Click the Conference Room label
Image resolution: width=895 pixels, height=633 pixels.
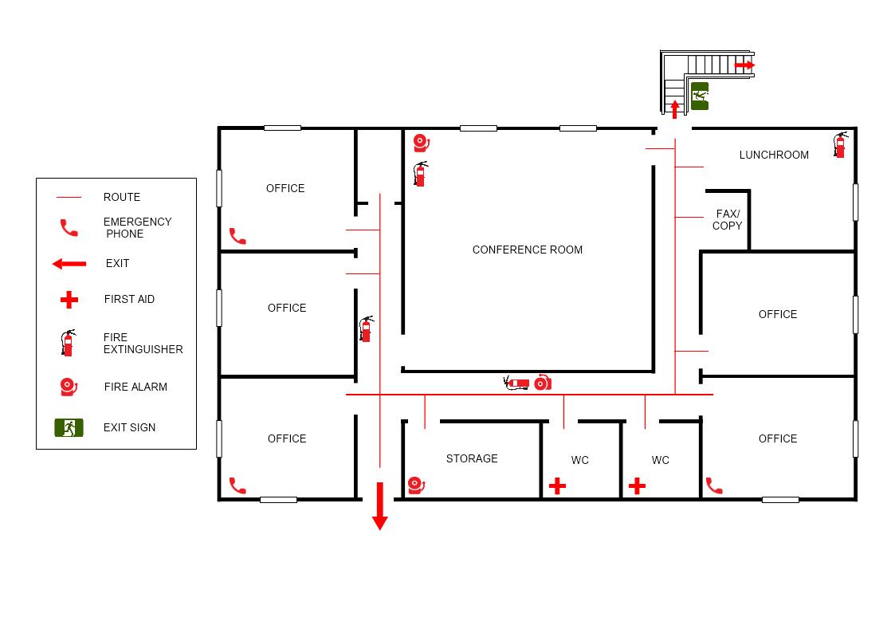tap(528, 250)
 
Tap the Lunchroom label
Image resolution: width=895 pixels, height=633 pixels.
tap(773, 155)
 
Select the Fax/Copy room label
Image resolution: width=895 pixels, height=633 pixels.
tap(727, 220)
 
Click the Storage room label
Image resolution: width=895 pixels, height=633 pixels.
tap(472, 459)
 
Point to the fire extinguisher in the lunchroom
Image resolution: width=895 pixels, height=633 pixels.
tap(840, 144)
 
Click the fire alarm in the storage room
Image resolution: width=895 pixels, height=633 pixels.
tap(417, 486)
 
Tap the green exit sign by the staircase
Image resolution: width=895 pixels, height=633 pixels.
tap(700, 96)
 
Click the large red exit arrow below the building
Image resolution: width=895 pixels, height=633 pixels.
tap(379, 506)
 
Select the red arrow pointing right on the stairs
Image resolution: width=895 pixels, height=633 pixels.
tap(744, 65)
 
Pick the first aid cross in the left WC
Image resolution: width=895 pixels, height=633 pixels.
tap(557, 486)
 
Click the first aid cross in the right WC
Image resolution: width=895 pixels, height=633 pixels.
tap(637, 486)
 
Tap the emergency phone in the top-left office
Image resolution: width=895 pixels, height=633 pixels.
tap(237, 236)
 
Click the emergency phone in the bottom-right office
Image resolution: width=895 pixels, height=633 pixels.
tap(714, 486)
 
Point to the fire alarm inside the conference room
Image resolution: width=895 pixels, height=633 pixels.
tap(422, 144)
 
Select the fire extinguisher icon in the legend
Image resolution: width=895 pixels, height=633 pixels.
tap(69, 343)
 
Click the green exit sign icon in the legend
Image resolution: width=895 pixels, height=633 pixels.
tap(69, 427)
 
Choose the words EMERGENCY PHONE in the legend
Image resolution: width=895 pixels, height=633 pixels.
tap(137, 228)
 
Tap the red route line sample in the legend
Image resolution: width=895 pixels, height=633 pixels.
tap(69, 198)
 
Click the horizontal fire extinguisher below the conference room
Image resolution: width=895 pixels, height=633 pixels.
tap(516, 383)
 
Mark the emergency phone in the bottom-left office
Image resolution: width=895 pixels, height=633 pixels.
tap(237, 486)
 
